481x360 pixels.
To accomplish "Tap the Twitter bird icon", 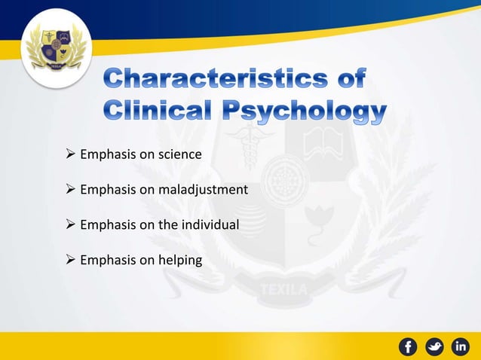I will [x=435, y=346].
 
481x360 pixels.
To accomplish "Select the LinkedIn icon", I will [x=461, y=346].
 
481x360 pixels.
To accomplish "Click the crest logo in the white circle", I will [x=56, y=53].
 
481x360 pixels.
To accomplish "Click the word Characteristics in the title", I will [x=222, y=79].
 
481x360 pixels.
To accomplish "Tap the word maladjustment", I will [x=203, y=190].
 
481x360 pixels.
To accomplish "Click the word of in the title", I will [x=350, y=79].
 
